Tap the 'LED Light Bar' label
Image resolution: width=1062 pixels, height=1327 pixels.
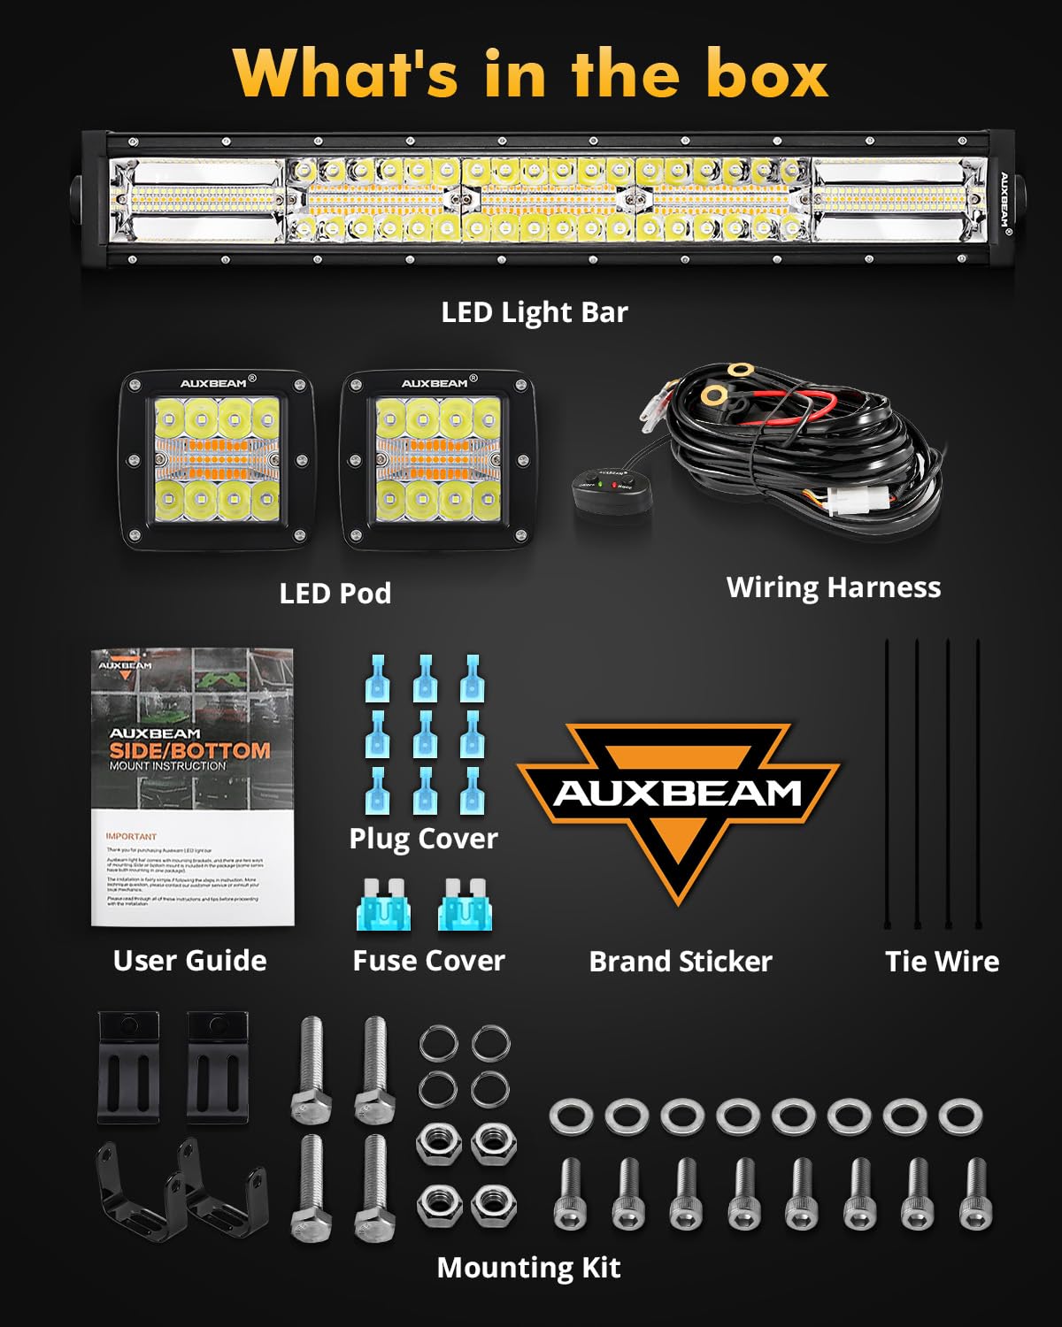(535, 312)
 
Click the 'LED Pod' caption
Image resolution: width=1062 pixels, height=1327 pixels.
(335, 593)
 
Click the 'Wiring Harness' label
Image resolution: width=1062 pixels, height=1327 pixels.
(834, 587)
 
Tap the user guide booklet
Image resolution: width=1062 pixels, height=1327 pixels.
(192, 787)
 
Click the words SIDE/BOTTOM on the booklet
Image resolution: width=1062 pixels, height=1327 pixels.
(189, 750)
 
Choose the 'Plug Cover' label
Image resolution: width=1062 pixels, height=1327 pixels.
(423, 839)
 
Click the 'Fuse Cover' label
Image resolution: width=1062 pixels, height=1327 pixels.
(428, 961)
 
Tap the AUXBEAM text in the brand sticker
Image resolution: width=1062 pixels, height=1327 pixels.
(677, 793)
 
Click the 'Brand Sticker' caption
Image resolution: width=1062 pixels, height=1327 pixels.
(681, 962)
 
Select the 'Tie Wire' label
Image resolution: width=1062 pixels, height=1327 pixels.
(942, 962)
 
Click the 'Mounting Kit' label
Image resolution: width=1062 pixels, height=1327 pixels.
(528, 1268)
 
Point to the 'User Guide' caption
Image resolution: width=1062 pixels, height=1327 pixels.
(189, 961)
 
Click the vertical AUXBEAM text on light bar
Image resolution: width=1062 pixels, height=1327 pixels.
(1005, 200)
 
